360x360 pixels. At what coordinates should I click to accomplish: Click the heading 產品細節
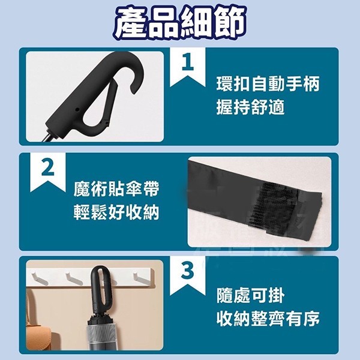[180, 23]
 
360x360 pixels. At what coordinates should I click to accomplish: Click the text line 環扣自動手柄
[268, 84]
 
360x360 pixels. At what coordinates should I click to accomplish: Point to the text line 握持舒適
[251, 107]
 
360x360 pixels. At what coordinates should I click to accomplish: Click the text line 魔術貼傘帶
[116, 189]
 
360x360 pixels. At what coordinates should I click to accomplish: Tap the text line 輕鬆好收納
[116, 212]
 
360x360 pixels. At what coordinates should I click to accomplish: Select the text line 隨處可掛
[251, 295]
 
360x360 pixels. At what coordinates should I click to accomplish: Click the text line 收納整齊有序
[268, 319]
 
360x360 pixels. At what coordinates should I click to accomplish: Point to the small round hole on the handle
[77, 110]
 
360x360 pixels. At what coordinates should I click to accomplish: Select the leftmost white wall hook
[40, 278]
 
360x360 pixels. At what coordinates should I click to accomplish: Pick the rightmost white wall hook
[142, 278]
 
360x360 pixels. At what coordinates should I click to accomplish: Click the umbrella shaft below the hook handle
[47, 137]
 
